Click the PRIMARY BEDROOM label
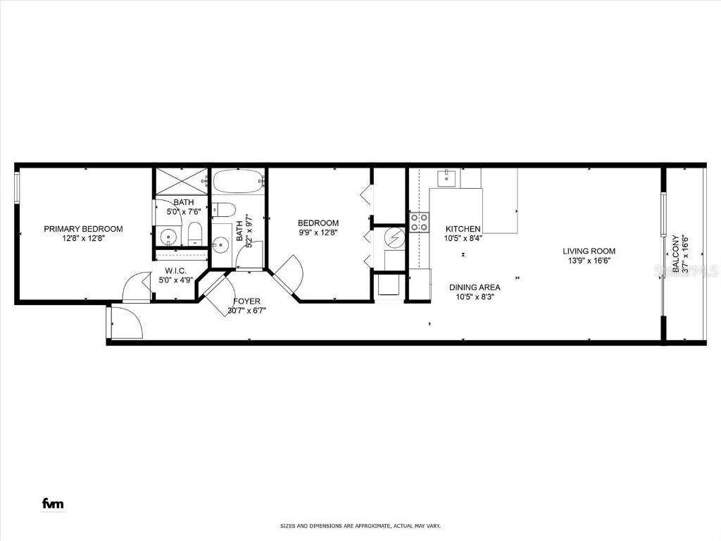point(83,229)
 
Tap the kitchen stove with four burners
point(420,223)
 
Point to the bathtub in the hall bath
point(238,182)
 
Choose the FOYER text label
point(246,301)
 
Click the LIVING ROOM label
point(589,251)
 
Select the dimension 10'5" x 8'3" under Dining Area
point(475,297)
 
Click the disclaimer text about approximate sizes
point(360,526)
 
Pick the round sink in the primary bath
point(167,235)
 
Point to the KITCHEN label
point(463,229)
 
